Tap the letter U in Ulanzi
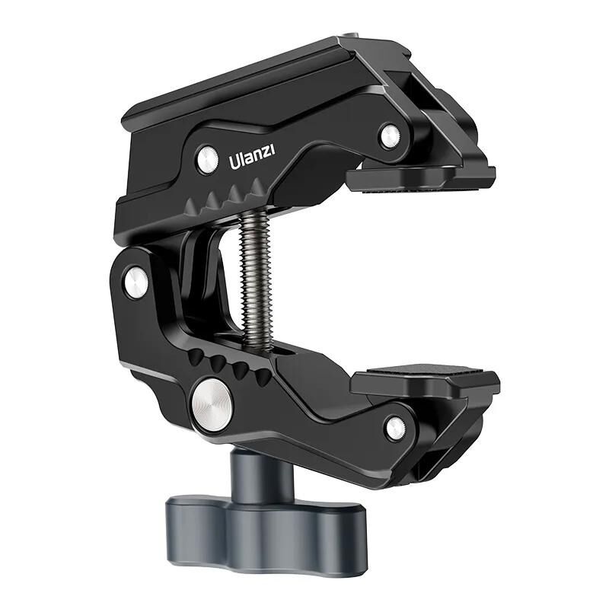tap(234, 163)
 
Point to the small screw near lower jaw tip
tap(395, 428)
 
